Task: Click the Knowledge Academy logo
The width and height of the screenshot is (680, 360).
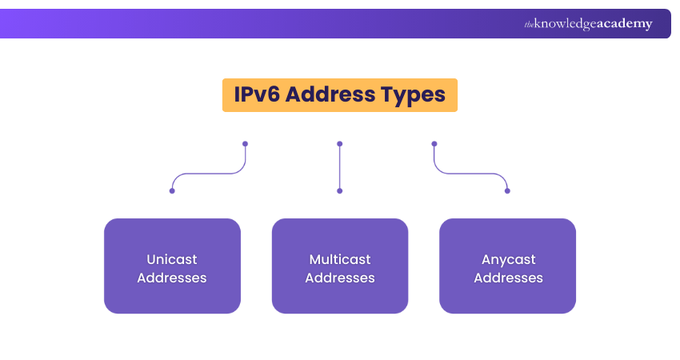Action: point(588,24)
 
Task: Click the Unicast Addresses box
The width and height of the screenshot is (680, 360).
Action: point(172,266)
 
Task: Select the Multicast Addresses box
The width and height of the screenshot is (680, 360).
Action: point(340,266)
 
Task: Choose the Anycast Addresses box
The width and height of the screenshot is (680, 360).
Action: point(508,266)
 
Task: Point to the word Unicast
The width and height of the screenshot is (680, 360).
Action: point(172,259)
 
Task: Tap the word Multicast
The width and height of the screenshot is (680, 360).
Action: point(340,259)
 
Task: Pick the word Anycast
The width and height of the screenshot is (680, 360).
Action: point(509,259)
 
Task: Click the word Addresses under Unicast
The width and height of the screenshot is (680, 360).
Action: point(172,278)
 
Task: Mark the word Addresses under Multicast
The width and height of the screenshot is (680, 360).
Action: point(340,278)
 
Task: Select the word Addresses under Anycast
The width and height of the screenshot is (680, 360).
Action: point(509,278)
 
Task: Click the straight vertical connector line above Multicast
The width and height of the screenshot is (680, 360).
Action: point(340,167)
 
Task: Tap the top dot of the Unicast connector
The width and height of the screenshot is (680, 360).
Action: point(245,144)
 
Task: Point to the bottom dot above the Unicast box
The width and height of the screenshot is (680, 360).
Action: point(172,190)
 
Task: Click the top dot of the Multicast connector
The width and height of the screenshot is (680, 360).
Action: point(340,144)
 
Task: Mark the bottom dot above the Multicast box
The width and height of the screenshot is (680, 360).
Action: point(340,190)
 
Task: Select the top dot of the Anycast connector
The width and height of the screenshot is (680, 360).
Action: point(434,144)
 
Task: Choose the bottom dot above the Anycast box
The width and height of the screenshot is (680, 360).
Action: point(507,190)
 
